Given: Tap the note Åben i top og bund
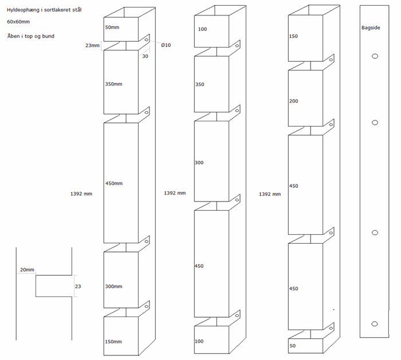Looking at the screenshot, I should [x=30, y=36].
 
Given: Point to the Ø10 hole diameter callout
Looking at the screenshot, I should [x=166, y=45].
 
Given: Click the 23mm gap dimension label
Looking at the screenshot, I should [x=92, y=45].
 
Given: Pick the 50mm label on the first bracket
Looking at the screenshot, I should [x=113, y=27].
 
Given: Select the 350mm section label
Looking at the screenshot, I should [x=114, y=84].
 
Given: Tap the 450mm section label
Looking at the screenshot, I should [x=114, y=183].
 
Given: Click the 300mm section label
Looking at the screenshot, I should [x=114, y=286].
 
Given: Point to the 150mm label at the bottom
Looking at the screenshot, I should [x=113, y=342].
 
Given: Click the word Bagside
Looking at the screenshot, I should [x=371, y=27].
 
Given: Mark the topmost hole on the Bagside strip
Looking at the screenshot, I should [x=375, y=56].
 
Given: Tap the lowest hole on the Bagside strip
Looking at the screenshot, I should [x=375, y=323].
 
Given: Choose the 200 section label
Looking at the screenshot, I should [x=294, y=101].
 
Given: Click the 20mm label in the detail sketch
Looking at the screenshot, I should [x=27, y=270].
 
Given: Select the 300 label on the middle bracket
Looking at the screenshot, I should [x=199, y=163].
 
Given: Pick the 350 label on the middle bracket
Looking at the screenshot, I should [x=199, y=84].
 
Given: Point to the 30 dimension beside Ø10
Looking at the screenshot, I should [x=146, y=56].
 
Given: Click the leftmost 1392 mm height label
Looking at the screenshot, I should [x=81, y=193].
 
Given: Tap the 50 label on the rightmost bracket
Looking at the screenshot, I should [x=292, y=346].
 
